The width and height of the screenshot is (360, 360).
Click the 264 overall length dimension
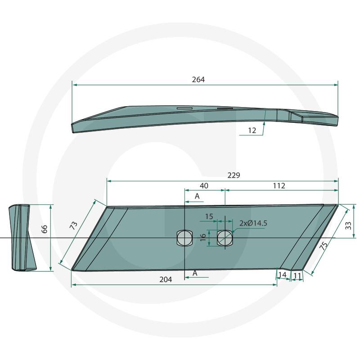pyautogui.click(x=198, y=80)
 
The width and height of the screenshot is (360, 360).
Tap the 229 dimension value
pyautogui.click(x=234, y=175)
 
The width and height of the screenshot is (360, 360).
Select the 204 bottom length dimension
pyautogui.click(x=166, y=279)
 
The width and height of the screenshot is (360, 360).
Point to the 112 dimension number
pyautogui.click(x=279, y=185)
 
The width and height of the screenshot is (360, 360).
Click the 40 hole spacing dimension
pyautogui.click(x=204, y=185)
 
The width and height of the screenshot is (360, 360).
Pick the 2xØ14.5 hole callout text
pyautogui.click(x=253, y=223)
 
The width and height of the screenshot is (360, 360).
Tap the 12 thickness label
pyautogui.click(x=252, y=130)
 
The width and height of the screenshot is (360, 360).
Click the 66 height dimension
pyautogui.click(x=44, y=229)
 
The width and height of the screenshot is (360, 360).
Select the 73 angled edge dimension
pyautogui.click(x=73, y=226)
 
